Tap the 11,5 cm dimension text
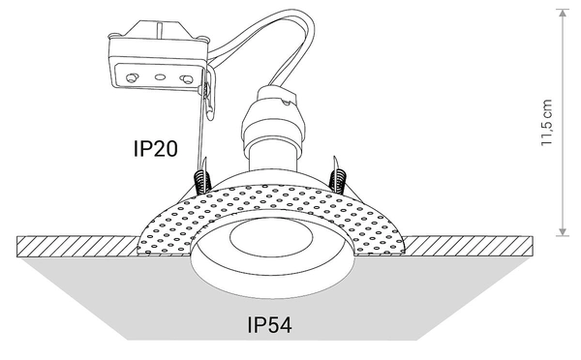[x=547, y=121]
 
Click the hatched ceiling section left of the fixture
[x=68, y=244]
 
